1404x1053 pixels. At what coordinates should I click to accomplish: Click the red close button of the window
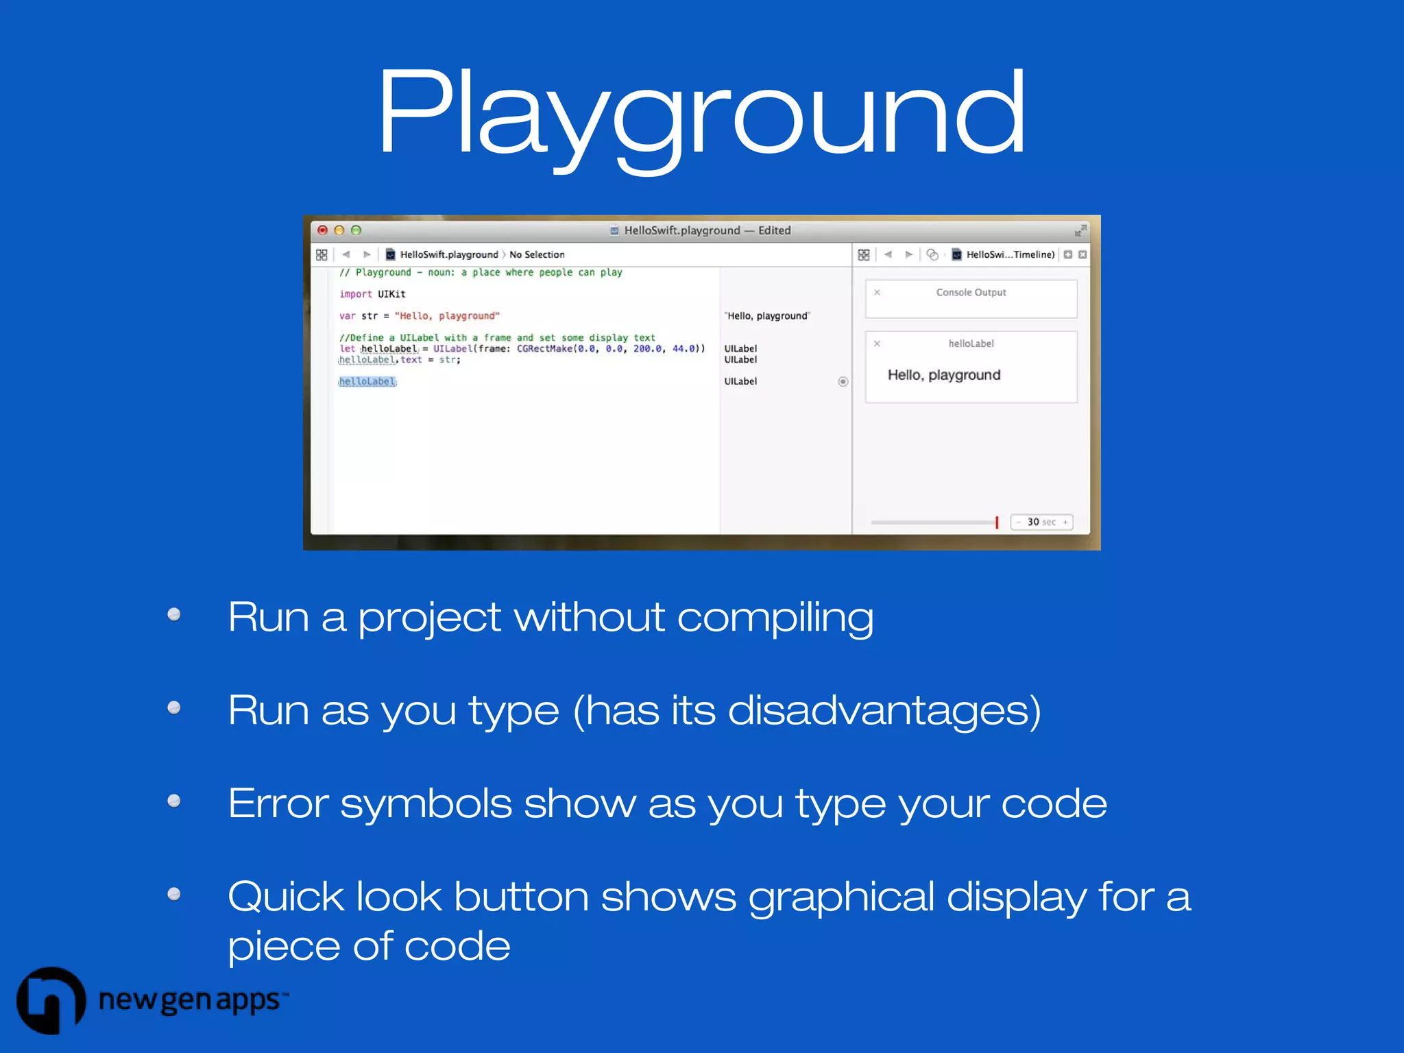(322, 230)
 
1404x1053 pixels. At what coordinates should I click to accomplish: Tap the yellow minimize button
(339, 230)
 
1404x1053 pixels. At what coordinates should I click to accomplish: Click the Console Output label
(971, 293)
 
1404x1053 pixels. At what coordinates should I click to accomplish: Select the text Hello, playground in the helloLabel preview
(944, 375)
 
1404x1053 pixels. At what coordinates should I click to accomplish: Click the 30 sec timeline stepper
(1041, 522)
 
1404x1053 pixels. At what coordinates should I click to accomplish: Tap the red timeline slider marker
(997, 522)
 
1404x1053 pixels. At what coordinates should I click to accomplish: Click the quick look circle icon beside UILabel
(843, 382)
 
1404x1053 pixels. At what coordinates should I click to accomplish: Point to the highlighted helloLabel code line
(367, 382)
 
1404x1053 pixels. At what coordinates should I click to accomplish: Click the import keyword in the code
(355, 294)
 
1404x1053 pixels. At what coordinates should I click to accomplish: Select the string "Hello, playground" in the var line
(447, 316)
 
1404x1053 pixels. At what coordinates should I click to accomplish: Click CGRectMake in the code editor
(544, 349)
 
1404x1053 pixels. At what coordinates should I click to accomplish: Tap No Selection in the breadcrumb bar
(537, 255)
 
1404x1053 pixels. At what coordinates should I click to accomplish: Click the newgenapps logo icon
(51, 1000)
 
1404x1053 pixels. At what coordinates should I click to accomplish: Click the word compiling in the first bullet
(775, 617)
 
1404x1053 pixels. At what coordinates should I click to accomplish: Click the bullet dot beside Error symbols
(174, 801)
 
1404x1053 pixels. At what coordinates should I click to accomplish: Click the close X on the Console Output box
(877, 293)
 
